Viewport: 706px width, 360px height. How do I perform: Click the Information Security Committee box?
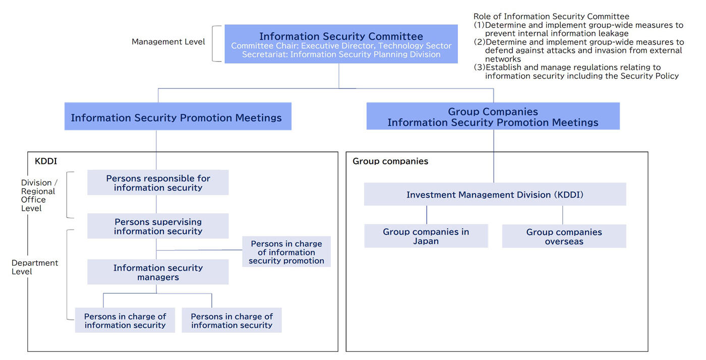(x=341, y=44)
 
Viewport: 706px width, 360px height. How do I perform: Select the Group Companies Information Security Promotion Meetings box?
(x=493, y=116)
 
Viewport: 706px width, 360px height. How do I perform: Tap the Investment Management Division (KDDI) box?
(x=495, y=194)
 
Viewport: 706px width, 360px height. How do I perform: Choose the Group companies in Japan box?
(x=426, y=236)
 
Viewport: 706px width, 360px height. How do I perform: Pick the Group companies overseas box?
(x=564, y=236)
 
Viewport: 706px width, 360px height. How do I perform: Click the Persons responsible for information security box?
(x=158, y=183)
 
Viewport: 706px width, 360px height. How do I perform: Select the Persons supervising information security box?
(x=158, y=226)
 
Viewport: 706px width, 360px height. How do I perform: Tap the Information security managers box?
(x=158, y=272)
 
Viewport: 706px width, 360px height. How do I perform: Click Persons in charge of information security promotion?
(x=286, y=252)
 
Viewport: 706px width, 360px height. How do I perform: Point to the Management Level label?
(x=168, y=42)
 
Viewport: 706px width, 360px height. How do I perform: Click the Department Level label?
(x=35, y=267)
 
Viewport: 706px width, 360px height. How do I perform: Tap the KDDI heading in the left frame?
(x=46, y=161)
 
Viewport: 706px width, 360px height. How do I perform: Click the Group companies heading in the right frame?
(x=390, y=161)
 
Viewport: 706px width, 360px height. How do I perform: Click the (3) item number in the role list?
(x=479, y=67)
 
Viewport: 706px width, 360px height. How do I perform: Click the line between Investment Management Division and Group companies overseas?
(x=563, y=215)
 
